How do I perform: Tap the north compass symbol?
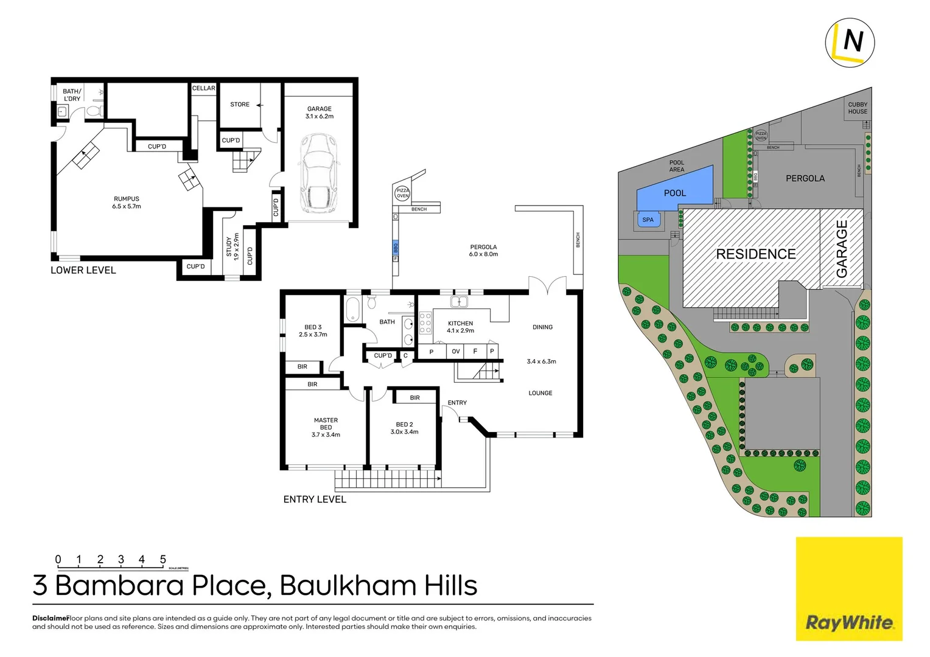850,42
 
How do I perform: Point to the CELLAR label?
204,88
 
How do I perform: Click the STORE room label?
240,105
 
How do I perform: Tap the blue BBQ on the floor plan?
396,248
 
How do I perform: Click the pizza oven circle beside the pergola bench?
402,193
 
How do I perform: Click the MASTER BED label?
326,427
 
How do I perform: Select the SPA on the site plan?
648,220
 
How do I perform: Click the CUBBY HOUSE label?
858,108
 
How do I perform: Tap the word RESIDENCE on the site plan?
755,254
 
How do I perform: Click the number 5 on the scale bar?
163,559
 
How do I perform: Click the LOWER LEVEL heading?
83,270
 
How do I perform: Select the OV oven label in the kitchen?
455,352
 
